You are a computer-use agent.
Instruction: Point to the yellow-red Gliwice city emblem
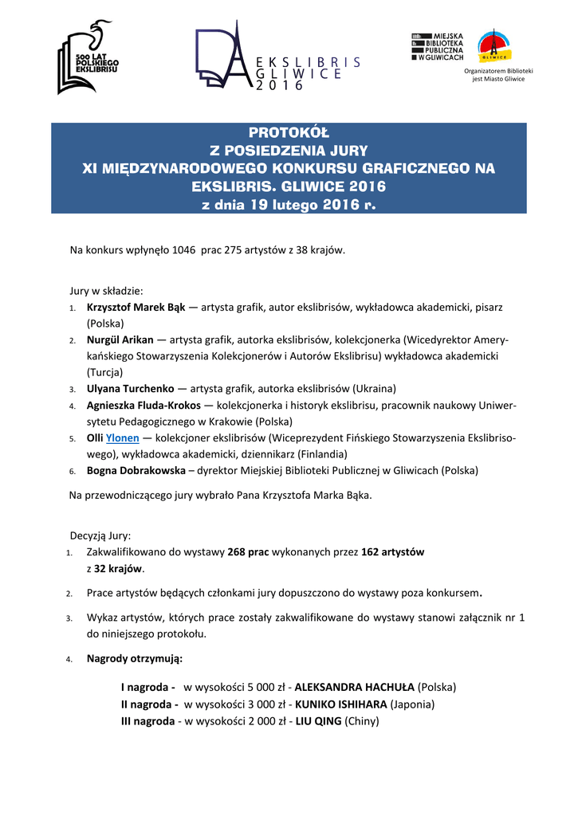[494, 47]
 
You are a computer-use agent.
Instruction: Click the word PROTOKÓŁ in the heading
[289, 132]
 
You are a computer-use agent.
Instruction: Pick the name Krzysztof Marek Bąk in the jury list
[136, 307]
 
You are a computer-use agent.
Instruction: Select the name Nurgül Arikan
[120, 339]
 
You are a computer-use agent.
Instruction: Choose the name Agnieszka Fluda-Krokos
[144, 406]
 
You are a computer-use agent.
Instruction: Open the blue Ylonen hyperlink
[123, 438]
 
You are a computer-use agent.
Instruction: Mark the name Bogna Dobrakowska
[136, 470]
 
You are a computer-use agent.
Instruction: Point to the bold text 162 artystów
[393, 551]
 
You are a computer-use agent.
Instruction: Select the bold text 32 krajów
[118, 568]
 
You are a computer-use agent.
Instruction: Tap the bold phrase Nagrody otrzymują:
[134, 658]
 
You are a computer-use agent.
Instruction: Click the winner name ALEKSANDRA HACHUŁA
[356, 687]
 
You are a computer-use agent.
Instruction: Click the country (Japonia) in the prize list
[413, 704]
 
